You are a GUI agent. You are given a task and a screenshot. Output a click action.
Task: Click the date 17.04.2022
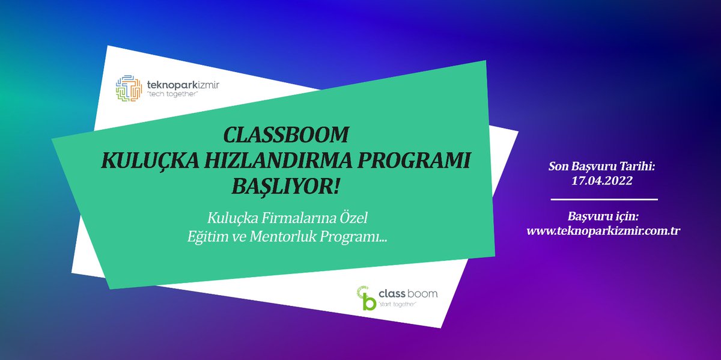click(603, 180)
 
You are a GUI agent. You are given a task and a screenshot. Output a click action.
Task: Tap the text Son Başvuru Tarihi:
click(603, 165)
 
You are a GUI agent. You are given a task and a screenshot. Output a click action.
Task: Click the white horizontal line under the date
click(603, 199)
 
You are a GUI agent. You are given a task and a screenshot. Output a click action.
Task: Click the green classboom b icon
click(367, 297)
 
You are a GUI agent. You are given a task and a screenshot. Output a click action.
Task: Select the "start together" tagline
click(398, 305)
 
